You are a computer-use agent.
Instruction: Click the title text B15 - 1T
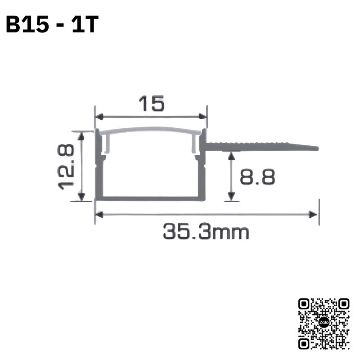[52, 24]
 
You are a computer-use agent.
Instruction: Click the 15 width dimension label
[152, 103]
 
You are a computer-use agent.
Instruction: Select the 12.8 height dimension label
[66, 167]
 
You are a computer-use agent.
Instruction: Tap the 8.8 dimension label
[257, 177]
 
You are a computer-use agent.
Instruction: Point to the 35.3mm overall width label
[206, 232]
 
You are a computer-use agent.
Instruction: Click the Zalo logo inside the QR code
[324, 322]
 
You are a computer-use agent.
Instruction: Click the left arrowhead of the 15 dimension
[99, 117]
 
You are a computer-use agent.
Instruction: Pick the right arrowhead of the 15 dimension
[203, 117]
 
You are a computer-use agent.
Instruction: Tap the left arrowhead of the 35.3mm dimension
[99, 215]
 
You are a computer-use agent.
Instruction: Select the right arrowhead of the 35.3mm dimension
[313, 215]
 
